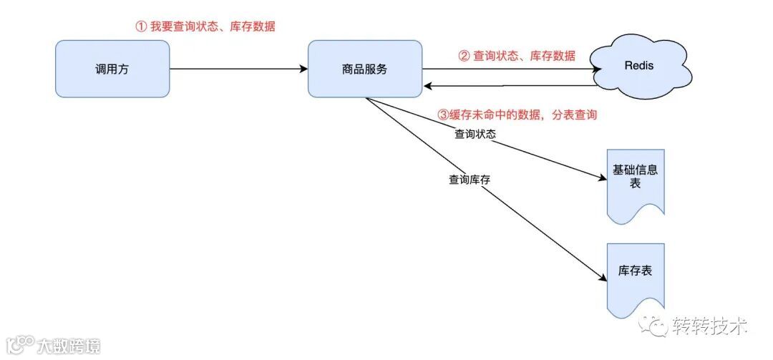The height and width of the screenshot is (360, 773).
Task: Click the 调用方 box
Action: click(112, 69)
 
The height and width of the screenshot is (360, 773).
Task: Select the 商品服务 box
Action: click(365, 69)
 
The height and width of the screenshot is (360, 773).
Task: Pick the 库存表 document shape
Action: click(635, 276)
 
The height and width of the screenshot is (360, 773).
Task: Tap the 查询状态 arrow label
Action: click(475, 133)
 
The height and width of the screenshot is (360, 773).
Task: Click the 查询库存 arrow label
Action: click(469, 180)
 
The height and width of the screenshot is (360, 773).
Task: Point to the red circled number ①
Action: click(140, 26)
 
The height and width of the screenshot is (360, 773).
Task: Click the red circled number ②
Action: click(464, 56)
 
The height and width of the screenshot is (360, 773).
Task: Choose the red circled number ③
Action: click(442, 115)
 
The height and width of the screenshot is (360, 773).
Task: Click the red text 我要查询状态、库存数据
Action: click(213, 26)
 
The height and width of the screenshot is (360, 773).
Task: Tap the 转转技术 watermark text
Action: click(710, 327)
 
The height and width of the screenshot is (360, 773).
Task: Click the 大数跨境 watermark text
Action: click(69, 346)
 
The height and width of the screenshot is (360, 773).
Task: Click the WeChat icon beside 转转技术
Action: click(655, 326)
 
